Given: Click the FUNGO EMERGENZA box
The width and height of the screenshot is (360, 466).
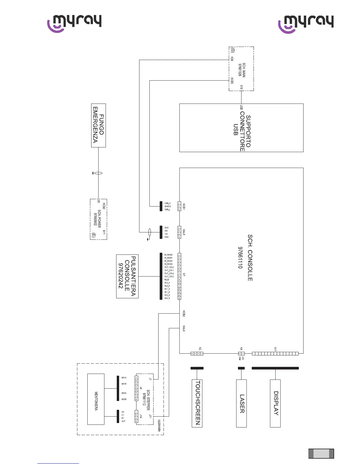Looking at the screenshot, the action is point(99,125).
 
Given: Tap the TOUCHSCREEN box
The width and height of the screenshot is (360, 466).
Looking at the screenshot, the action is point(197,403).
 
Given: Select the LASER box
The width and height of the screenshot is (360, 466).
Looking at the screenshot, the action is point(241,403).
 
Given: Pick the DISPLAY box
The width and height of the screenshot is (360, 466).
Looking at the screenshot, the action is point(275,403).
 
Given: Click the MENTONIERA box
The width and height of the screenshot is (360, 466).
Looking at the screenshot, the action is point(96,399).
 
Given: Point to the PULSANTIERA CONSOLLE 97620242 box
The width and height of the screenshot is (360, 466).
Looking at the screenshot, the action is point(127,276).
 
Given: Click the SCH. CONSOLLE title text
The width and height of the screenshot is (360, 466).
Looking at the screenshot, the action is point(250,258).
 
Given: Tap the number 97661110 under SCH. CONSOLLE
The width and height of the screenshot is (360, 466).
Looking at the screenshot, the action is point(240,258).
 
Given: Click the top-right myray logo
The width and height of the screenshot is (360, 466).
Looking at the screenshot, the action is point(306,24).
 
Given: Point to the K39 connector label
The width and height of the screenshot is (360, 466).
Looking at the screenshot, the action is point(232,59).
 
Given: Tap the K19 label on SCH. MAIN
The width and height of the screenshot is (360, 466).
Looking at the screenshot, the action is point(241,87).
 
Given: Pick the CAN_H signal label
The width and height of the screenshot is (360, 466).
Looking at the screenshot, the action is point(168,203).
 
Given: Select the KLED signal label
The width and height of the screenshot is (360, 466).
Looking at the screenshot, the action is point(167,280).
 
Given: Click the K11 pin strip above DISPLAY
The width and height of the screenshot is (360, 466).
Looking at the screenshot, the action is point(275,354).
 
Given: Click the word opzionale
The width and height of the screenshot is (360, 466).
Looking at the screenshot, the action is point(159,425).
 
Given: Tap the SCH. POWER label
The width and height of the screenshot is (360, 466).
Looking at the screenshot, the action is point(99,219).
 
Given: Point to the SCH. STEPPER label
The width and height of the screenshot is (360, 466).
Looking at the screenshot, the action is point(148,400).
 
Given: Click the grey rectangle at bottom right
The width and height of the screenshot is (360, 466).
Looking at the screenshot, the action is point(321,454).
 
